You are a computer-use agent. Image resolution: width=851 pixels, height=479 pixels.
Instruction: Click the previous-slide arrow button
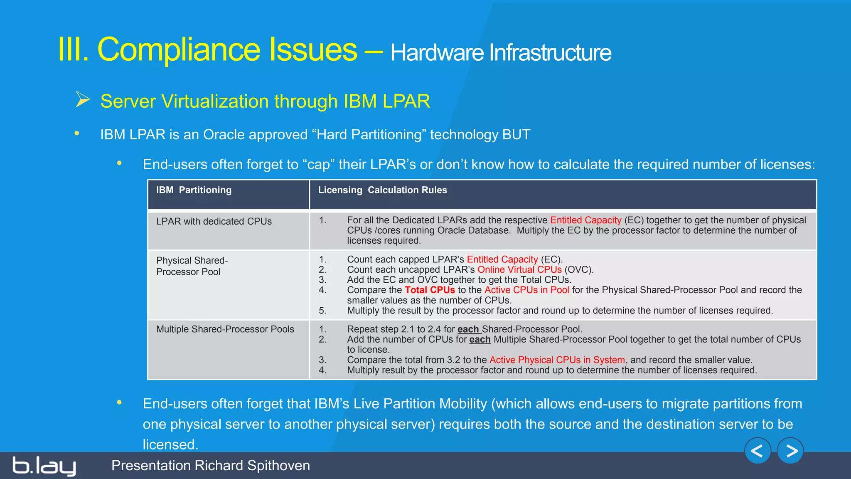tap(758, 451)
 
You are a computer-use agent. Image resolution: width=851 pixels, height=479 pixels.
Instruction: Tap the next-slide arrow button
tap(790, 451)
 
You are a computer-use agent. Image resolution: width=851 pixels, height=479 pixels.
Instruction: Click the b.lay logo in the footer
tap(44, 466)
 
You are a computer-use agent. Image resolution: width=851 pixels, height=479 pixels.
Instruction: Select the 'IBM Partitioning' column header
tap(194, 190)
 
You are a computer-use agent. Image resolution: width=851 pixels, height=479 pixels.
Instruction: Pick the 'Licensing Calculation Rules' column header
tap(382, 190)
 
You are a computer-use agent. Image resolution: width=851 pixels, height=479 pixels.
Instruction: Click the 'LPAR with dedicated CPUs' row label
tap(214, 221)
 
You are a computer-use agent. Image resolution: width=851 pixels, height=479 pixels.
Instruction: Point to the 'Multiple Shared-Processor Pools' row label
tap(225, 329)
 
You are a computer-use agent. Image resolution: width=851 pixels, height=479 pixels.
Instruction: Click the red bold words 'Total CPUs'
tap(430, 290)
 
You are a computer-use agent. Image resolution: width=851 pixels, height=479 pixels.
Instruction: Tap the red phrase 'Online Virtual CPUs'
tap(519, 269)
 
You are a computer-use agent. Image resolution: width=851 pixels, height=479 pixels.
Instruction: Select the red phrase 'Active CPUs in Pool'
tap(526, 290)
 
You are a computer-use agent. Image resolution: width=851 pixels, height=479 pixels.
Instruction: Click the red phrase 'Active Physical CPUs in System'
tap(557, 360)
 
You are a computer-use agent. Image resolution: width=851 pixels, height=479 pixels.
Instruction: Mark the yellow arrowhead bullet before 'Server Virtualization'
tap(83, 100)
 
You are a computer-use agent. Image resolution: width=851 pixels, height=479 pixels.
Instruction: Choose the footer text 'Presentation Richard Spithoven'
tap(210, 465)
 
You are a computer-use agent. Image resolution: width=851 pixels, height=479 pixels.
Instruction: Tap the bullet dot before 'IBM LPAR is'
tap(77, 133)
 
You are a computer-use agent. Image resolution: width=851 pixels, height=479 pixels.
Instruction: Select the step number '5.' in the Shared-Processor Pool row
tap(323, 310)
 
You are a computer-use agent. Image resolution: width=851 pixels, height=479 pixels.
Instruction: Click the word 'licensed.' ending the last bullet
tap(170, 444)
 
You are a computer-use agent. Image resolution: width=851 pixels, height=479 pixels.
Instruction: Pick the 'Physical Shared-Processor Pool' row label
tap(192, 266)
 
